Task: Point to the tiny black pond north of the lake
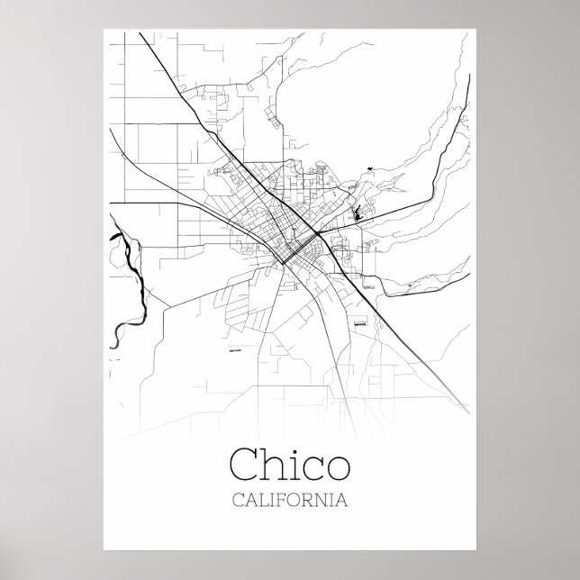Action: click(369, 166)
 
